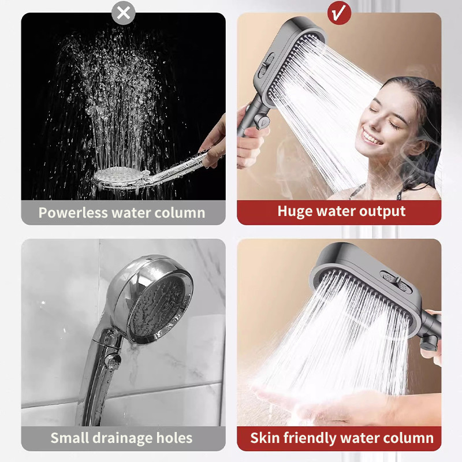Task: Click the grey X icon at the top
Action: tap(124, 13)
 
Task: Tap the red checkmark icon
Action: tap(339, 13)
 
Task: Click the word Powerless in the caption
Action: tap(73, 213)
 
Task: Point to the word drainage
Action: tap(122, 438)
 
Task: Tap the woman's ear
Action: tap(418, 147)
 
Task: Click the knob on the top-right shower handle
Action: tap(262, 121)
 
